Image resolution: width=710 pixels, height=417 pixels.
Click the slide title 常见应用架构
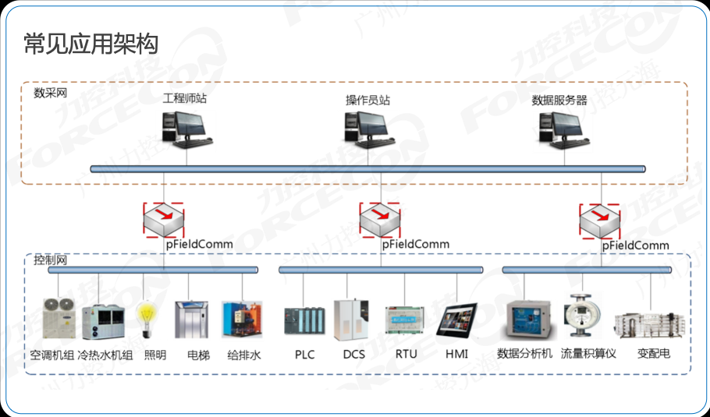91,44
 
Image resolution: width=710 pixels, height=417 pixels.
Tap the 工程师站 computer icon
186,130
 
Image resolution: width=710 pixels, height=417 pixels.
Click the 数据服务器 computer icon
565,131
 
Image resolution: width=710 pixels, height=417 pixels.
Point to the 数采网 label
50,93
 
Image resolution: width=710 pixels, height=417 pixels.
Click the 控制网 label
50,260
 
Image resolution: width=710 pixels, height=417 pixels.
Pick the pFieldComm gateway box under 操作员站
380,220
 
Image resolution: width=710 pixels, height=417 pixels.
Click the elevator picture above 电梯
191,320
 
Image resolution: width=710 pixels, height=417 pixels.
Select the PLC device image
304,321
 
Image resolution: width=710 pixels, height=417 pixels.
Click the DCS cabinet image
351,320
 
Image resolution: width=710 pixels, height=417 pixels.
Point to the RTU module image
404,320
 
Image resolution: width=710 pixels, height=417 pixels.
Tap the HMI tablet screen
456,320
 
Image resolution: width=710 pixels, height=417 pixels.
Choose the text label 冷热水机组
105,355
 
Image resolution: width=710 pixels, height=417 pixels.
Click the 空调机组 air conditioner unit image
58,318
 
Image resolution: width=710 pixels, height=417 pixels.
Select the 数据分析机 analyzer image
528,320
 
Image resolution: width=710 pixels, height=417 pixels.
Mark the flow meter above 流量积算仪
582,315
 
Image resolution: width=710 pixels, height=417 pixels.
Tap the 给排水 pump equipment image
242,320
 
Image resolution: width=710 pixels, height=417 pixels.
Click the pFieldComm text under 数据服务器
636,246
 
